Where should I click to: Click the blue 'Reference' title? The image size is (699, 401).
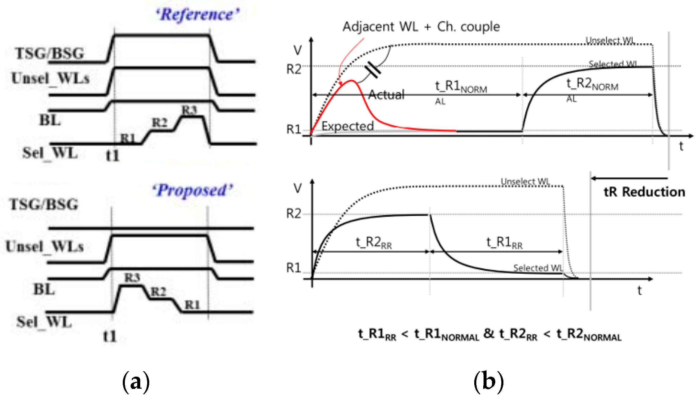198,15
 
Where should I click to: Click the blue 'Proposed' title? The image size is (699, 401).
193,190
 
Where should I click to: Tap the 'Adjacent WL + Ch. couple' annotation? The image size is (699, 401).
421,27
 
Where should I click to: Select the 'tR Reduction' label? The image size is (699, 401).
644,192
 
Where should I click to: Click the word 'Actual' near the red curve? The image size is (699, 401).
386,95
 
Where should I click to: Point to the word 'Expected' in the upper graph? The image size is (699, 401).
348,126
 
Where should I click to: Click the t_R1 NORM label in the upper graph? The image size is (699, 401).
461,87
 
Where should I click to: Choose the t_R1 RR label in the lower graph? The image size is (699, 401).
504,243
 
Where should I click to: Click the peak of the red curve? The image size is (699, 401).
351,81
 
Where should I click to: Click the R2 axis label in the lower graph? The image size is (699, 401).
293,214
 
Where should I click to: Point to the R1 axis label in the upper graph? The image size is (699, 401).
293,129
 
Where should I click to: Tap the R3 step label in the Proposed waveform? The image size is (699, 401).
132,278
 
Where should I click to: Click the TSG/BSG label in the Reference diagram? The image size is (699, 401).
50,54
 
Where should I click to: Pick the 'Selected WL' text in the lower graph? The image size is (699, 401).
538,268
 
